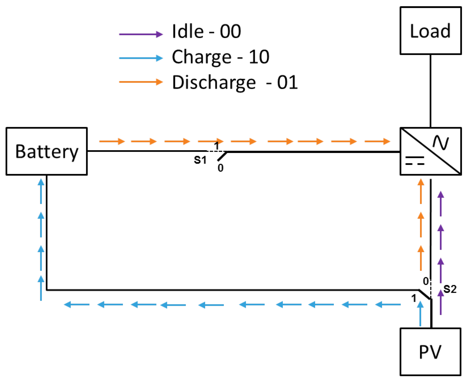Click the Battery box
pos(46,151)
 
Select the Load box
pos(430,31)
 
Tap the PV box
pos(430,352)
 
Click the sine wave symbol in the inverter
pos(441,142)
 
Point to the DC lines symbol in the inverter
pos(415,161)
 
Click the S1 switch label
pos(200,160)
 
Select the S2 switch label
pos(450,289)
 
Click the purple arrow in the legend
pos(141,34)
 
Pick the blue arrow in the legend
pos(141,58)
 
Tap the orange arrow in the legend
pos(141,82)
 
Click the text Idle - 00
pos(206,31)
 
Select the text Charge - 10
pos(220,57)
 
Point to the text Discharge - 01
pos(235,82)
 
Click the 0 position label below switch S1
pos(220,168)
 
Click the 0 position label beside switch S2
pos(426,281)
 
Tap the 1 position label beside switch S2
pos(414,298)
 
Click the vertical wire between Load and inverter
pos(430,91)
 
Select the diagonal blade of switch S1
pos(222,156)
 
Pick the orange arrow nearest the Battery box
pos(112,141)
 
